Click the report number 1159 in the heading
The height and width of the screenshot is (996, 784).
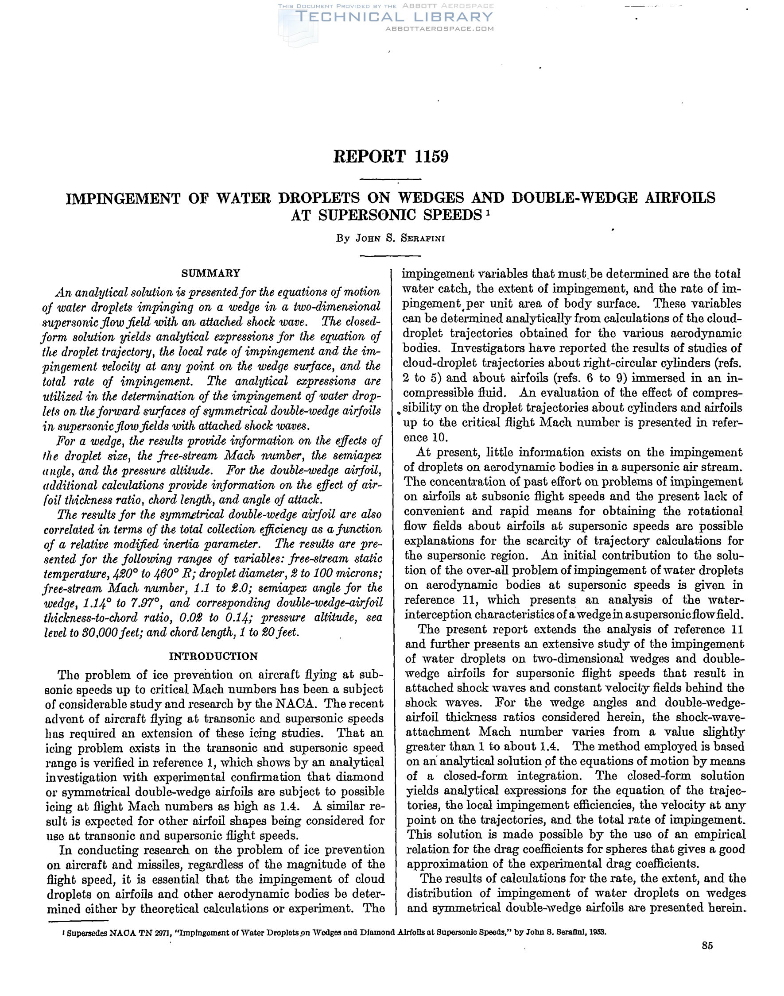[x=431, y=157]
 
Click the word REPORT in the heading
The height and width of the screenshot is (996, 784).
[x=370, y=157]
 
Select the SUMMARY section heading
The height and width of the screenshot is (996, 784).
[x=211, y=274]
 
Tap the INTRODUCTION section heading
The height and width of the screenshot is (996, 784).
[x=213, y=656]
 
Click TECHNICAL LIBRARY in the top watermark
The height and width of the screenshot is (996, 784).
[x=395, y=17]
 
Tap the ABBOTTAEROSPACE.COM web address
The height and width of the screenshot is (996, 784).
[x=440, y=28]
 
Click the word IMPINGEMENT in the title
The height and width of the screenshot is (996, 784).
[x=122, y=198]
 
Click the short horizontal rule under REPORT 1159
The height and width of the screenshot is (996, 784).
[x=391, y=179]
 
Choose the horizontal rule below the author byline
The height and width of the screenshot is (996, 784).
[x=391, y=255]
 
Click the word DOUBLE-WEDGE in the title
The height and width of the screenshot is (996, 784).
[x=574, y=198]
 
